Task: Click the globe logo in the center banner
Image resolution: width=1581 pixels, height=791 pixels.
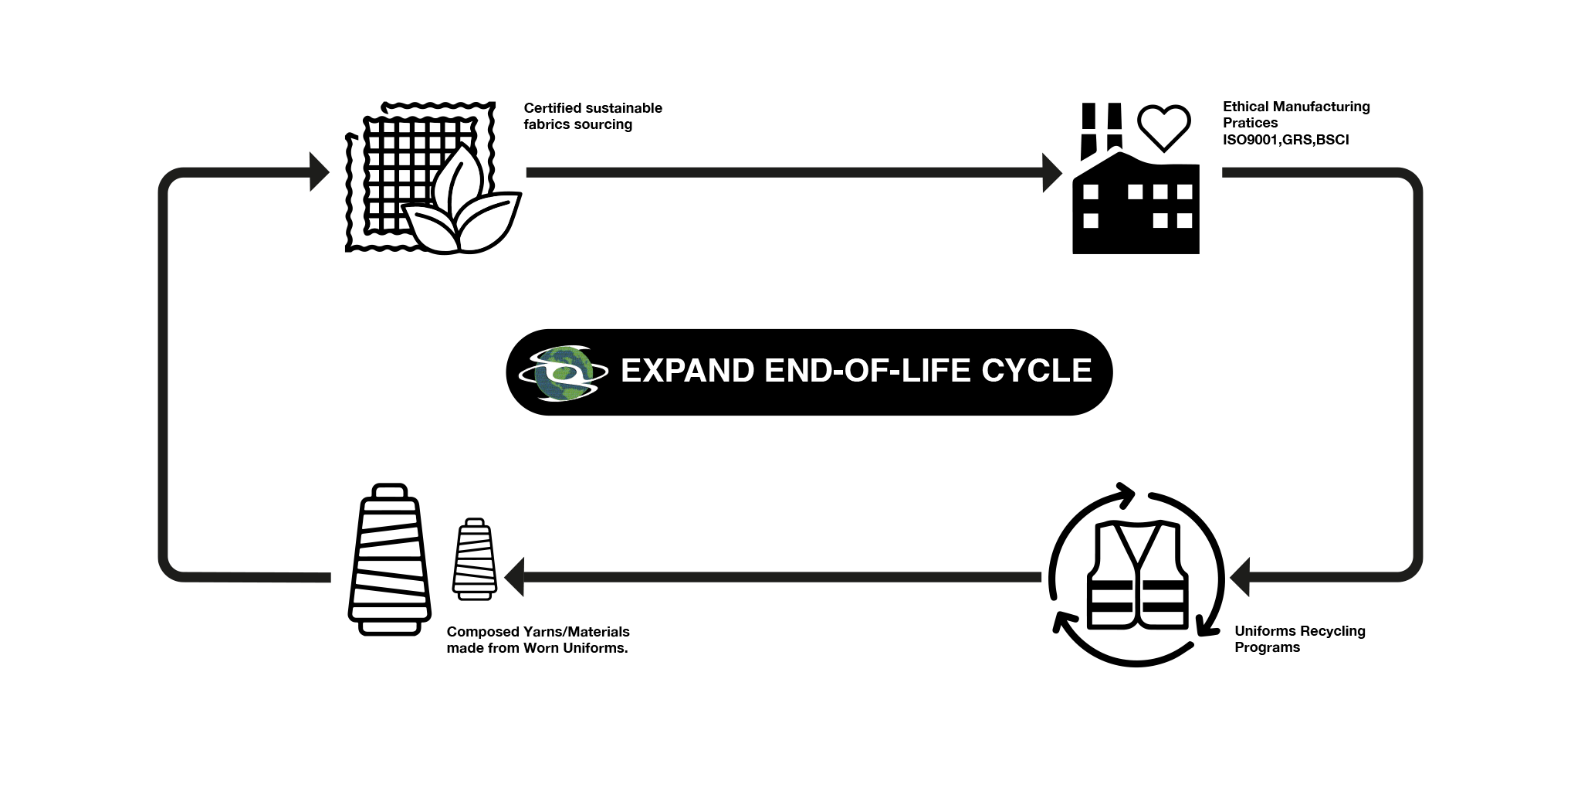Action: coord(562,373)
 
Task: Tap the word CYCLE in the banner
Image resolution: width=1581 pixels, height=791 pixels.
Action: coord(1037,371)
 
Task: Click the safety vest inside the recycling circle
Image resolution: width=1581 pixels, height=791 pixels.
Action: coord(1137,575)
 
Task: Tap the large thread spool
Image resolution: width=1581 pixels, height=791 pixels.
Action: coord(389,560)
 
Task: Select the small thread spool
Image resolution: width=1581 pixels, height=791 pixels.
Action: coord(474,559)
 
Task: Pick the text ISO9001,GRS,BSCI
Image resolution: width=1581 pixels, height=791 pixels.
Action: coord(1285,140)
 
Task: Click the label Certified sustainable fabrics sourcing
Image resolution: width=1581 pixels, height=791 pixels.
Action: coord(592,116)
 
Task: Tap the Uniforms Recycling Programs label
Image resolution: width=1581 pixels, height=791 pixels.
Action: coord(1299,639)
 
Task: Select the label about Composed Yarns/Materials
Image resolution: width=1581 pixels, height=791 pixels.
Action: coord(538,640)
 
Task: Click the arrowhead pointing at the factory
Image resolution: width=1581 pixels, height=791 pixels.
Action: coord(1052,172)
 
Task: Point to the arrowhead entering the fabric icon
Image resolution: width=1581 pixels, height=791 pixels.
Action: coord(319,171)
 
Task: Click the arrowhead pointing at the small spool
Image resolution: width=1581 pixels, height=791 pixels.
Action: coord(515,577)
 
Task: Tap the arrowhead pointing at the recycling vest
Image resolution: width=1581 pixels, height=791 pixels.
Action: coord(1241,577)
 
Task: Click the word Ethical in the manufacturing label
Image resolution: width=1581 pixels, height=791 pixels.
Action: coord(1245,107)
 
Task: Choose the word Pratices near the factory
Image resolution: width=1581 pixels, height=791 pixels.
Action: coord(1250,123)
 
